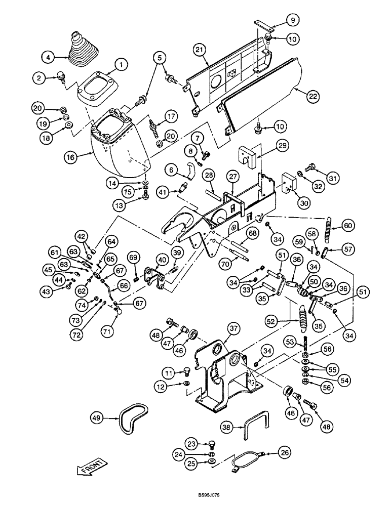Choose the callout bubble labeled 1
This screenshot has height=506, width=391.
(121, 64)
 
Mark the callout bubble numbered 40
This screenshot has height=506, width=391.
(162, 260)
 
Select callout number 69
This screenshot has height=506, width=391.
(133, 258)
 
